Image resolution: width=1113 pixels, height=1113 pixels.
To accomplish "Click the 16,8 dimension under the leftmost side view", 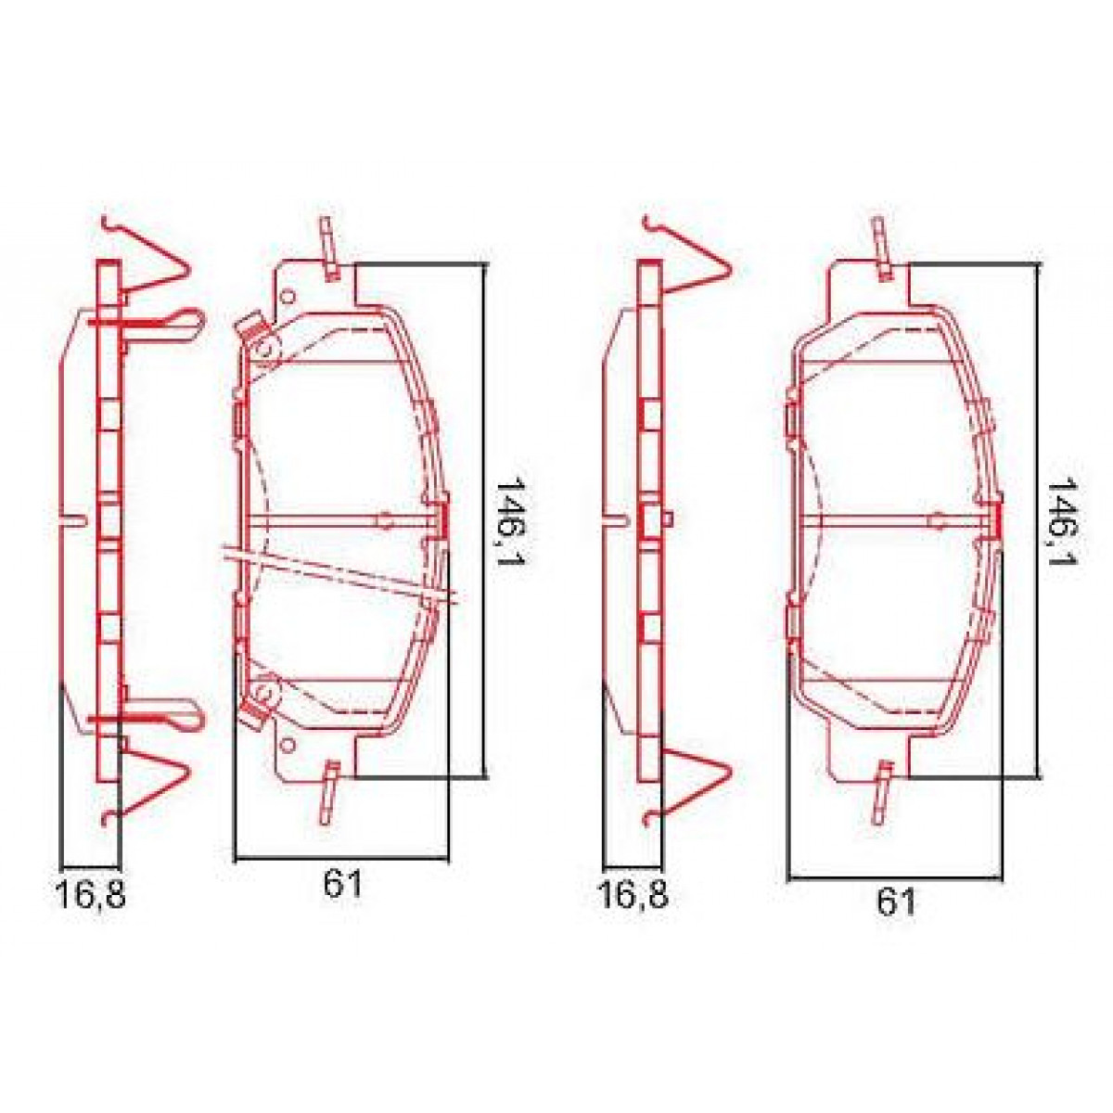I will point(90,896).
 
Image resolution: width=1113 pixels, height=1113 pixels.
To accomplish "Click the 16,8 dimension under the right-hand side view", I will point(633,896).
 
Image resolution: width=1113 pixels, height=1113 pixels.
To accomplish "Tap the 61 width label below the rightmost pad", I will point(895,902).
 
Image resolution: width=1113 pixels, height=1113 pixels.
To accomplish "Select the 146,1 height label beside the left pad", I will point(508,523).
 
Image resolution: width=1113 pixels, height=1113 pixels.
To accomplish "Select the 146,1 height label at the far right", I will point(1060,523).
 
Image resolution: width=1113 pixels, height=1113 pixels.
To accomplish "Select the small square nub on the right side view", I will point(667,519).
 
